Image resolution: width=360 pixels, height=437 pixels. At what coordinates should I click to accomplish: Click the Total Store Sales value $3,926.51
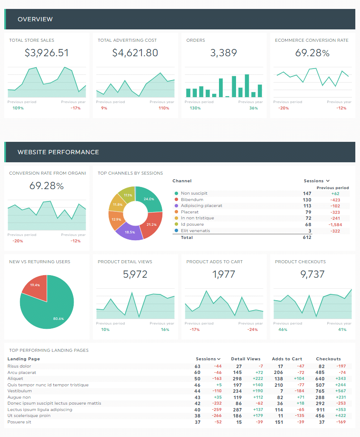[x=46, y=53]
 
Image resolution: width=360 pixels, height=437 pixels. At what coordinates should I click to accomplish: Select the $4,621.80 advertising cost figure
[x=135, y=53]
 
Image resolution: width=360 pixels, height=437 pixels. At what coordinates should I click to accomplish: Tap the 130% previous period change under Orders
[x=195, y=108]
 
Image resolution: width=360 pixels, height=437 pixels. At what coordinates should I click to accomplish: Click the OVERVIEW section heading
[x=35, y=19]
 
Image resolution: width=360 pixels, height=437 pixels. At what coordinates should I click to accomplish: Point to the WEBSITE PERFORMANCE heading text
[x=58, y=152]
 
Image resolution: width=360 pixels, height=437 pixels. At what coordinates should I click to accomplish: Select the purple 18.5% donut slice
[x=130, y=230]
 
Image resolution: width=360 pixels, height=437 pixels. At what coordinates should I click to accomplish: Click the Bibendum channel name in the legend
[x=192, y=200]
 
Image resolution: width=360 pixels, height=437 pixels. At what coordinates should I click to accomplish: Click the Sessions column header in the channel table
[x=314, y=181]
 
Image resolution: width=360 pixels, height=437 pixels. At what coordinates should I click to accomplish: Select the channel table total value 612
[x=307, y=237]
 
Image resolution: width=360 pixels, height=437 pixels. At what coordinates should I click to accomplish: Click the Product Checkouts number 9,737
[x=312, y=274]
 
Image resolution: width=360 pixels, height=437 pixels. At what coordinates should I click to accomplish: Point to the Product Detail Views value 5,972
[x=135, y=274]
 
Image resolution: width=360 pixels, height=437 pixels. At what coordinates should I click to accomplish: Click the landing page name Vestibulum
[x=20, y=391]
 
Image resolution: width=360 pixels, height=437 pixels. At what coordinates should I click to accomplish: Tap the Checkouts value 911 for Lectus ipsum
[x=320, y=410]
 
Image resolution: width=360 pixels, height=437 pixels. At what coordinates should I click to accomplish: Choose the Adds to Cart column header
[x=287, y=359]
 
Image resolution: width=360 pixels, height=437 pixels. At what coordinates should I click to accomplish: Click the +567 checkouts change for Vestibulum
[x=340, y=391]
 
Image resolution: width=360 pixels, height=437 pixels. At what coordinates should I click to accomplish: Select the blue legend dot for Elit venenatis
[x=176, y=231]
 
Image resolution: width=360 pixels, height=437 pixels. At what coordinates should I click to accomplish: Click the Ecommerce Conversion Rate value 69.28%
[x=312, y=53]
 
